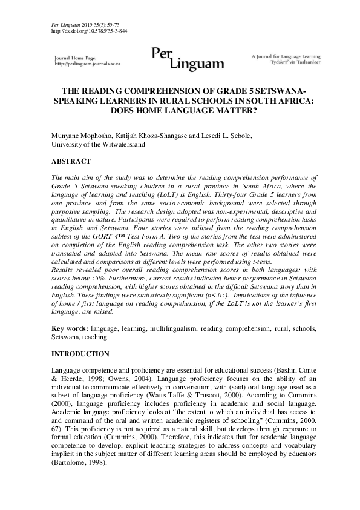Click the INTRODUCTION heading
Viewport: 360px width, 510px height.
(80, 353)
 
